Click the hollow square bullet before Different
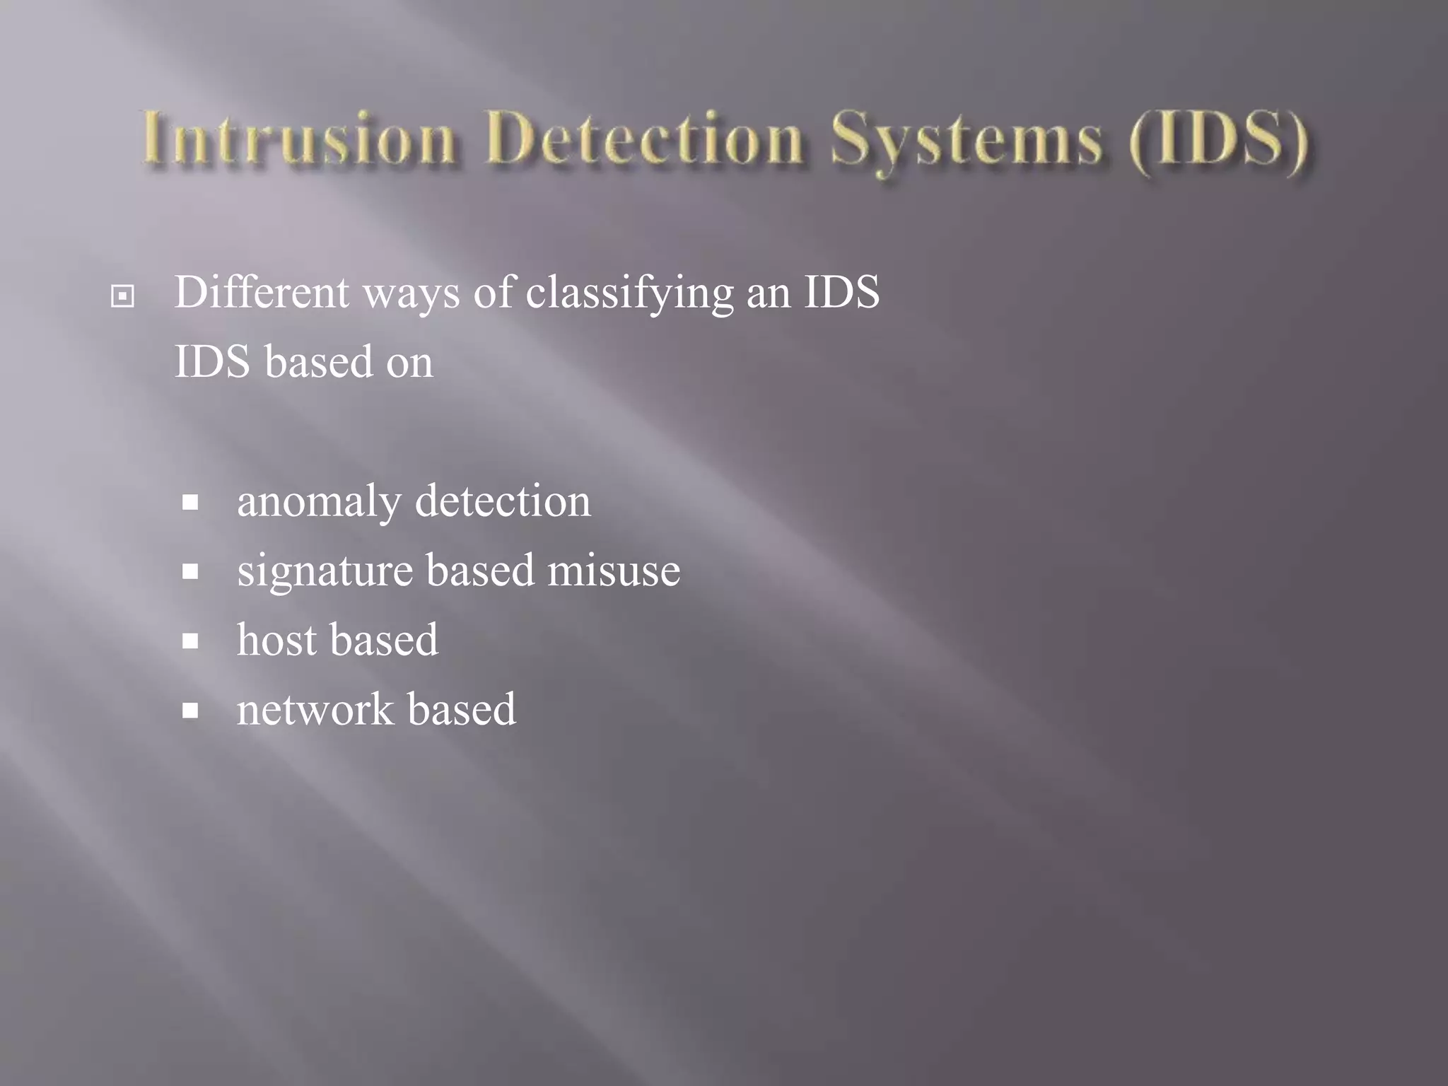[x=122, y=296]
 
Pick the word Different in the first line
[x=262, y=292]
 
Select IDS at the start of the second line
[x=212, y=362]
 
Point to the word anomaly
[x=319, y=503]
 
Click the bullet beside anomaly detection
[x=189, y=503]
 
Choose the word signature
[x=325, y=571]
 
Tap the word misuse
[x=614, y=571]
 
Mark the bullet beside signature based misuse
[x=189, y=572]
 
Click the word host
[x=276, y=640]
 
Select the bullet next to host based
[x=189, y=641]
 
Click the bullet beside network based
[x=189, y=711]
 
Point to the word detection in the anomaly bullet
[x=503, y=501]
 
